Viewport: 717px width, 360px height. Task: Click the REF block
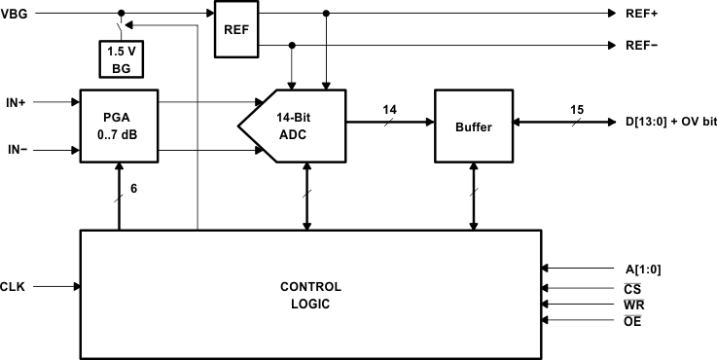[x=234, y=29]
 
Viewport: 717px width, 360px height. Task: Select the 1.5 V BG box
[x=122, y=59]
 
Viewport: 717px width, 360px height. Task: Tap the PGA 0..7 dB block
[x=118, y=125]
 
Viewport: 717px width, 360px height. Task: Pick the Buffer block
[x=474, y=126]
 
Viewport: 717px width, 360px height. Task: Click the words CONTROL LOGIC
[x=310, y=295]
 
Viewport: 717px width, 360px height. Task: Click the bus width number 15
[x=577, y=110]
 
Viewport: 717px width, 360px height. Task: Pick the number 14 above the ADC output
[x=389, y=110]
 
